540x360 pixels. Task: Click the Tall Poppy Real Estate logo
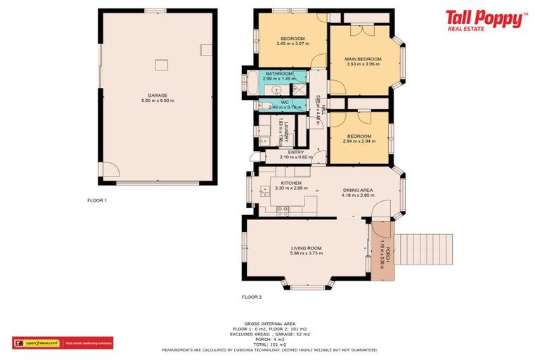click(x=485, y=20)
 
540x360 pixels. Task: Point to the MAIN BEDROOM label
click(x=363, y=59)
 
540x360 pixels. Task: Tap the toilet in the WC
click(x=266, y=106)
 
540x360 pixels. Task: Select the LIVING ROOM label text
click(x=307, y=248)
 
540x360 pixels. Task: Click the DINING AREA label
click(x=358, y=190)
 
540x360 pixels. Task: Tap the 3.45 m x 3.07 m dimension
click(x=292, y=44)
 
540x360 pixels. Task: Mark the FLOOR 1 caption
click(x=96, y=200)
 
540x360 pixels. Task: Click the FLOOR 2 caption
click(x=252, y=297)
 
